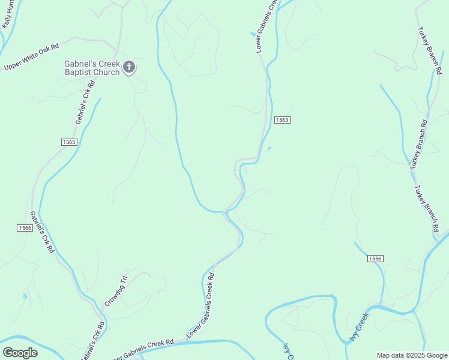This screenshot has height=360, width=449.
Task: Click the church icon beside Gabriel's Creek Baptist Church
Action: [129, 67]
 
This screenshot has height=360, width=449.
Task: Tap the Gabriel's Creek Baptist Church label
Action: [92, 68]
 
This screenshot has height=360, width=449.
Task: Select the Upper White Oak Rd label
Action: [31, 57]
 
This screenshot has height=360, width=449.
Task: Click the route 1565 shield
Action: [69, 142]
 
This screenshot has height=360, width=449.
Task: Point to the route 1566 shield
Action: [25, 228]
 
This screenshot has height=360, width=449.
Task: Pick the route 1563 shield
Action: [282, 120]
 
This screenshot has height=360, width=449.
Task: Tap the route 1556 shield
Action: [375, 258]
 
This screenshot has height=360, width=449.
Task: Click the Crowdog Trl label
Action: [116, 291]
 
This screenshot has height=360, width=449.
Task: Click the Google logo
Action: [20, 353]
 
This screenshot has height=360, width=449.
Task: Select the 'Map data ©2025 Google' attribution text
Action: [412, 356]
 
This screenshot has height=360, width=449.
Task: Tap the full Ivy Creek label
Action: [359, 328]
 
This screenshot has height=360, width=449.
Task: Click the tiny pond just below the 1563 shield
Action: [269, 148]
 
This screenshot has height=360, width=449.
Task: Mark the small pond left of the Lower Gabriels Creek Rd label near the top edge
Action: [252, 34]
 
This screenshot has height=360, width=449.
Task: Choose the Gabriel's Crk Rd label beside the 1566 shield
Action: [42, 232]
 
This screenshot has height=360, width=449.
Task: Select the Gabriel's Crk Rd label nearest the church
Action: [86, 103]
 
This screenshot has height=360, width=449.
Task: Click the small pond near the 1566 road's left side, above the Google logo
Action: [25, 295]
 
